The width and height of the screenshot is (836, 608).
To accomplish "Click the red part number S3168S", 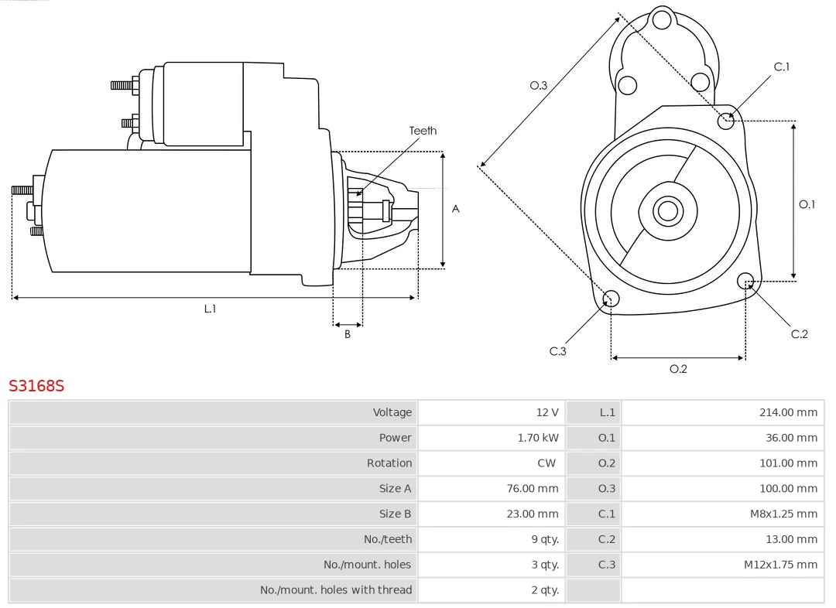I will (x=36, y=385).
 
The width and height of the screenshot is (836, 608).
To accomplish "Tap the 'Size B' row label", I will (x=395, y=514).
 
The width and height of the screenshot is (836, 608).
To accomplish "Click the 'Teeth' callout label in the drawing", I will (x=423, y=131).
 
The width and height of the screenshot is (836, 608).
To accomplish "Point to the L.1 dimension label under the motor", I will (x=210, y=309).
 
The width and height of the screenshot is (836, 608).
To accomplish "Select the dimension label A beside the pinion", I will (x=456, y=209).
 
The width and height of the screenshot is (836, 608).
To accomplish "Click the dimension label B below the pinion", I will (x=348, y=335).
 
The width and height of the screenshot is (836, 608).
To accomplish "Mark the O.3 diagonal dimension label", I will (x=539, y=85).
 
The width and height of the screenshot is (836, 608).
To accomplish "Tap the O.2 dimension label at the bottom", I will (x=678, y=369).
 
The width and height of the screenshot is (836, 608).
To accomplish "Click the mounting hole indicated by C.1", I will (x=726, y=120).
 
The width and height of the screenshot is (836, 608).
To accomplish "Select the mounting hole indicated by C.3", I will (x=611, y=299).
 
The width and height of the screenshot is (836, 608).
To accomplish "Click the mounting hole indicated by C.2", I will (x=745, y=280).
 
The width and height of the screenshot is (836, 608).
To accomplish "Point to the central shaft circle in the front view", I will (x=666, y=210).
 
